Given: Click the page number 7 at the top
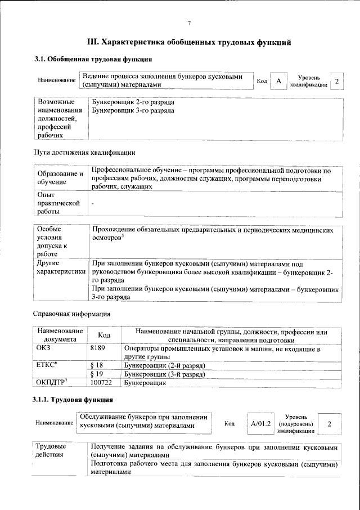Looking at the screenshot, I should (190, 23).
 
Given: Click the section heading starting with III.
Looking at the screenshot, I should (189, 42).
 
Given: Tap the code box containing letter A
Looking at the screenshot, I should (278, 82).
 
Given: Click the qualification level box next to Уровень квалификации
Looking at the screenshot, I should (336, 82).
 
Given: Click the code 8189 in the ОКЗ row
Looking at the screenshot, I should (98, 349).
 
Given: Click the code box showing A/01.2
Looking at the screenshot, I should (260, 423).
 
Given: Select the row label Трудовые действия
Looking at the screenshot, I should (51, 450).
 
